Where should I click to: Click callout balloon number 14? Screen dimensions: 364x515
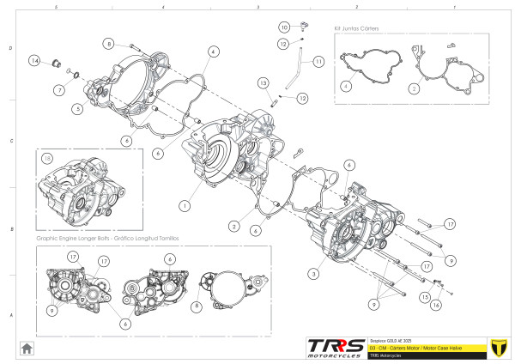coord(35,61)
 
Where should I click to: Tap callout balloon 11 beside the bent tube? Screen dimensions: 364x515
coord(318,62)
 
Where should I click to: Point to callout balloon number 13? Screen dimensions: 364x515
coord(263,82)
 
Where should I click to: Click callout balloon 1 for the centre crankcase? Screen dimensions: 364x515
coord(184,206)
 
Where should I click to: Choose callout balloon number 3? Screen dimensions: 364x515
coord(312,273)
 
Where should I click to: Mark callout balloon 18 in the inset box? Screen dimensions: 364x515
coord(48,159)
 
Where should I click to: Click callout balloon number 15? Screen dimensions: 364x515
coord(423,296)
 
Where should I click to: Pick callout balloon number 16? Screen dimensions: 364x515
coord(436,304)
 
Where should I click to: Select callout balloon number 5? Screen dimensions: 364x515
coord(78,109)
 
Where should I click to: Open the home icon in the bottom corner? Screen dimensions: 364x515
coord(27,348)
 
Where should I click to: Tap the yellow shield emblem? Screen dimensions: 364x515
coord(496,346)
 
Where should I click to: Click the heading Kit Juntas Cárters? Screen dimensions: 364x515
coord(356,28)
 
